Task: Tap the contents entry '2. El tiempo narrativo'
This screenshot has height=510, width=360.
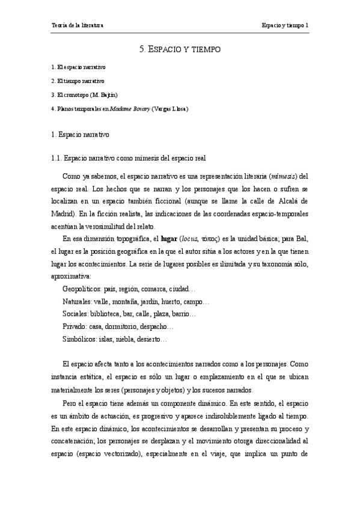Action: coord(78,81)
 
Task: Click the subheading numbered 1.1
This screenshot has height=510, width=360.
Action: coord(129,159)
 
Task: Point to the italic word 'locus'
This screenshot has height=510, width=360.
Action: coord(189,239)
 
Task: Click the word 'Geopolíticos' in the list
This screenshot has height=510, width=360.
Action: coord(82,289)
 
